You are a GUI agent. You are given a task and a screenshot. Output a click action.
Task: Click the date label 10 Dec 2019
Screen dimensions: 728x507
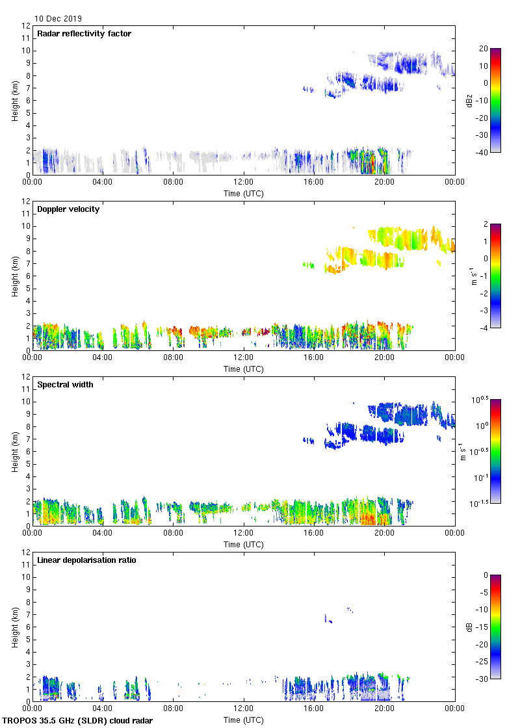58,19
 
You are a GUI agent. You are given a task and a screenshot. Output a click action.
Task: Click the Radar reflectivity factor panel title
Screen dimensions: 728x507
84,34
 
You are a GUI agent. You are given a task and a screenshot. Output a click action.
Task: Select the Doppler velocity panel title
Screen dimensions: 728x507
68,209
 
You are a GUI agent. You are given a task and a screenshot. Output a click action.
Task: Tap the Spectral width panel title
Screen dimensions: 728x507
64,385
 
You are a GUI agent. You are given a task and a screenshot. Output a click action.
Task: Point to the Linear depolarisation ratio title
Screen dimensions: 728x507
86,560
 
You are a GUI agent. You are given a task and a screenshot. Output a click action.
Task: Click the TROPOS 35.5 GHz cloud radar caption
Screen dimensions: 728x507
78,721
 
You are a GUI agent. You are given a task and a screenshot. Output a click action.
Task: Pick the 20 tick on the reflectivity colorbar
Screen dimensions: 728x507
483,49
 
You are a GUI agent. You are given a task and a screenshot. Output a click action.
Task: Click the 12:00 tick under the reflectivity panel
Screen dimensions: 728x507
244,183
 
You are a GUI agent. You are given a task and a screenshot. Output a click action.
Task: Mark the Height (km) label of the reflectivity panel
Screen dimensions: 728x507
14,100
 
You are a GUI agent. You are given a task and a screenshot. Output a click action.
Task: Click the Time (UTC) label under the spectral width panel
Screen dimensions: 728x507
244,544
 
